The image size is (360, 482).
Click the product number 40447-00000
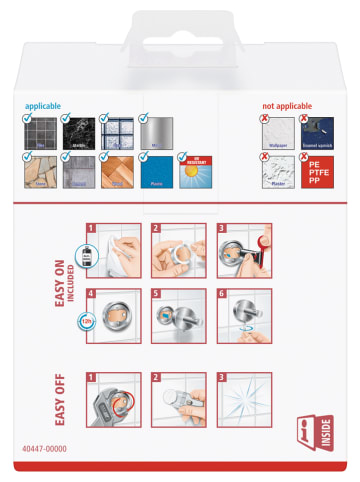click(x=43, y=450)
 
